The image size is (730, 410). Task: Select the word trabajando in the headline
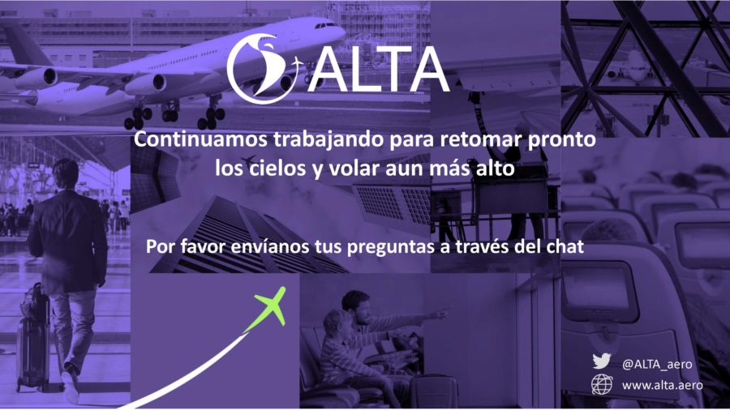click(328, 140)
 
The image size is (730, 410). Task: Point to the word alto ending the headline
click(495, 168)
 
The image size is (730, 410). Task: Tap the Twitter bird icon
click(602, 361)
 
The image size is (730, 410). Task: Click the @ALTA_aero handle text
click(657, 365)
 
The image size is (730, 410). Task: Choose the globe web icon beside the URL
click(602, 384)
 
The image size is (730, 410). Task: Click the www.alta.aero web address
click(662, 385)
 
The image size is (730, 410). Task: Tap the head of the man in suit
click(65, 174)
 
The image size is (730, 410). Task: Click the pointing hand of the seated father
click(438, 314)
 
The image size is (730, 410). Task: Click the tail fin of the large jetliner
click(26, 45)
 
